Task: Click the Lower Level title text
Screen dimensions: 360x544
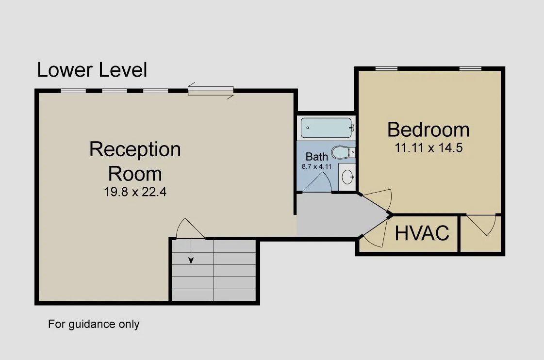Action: [x=92, y=70]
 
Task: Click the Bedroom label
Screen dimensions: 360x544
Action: [x=429, y=130]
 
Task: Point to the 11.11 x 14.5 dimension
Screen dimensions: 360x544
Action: [x=429, y=148]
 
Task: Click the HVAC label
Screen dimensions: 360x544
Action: [x=421, y=233]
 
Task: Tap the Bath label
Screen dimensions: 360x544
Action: [x=316, y=157]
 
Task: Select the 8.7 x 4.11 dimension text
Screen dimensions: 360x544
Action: [x=316, y=166]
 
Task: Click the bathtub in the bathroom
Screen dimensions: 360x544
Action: [x=326, y=128]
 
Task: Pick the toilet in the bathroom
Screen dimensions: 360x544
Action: [x=343, y=153]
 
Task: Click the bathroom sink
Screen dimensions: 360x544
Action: [x=347, y=177]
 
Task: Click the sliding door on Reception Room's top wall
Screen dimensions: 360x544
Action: [x=211, y=91]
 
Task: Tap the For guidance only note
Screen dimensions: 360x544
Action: [x=94, y=324]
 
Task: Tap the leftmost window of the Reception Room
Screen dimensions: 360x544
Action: [x=73, y=90]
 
